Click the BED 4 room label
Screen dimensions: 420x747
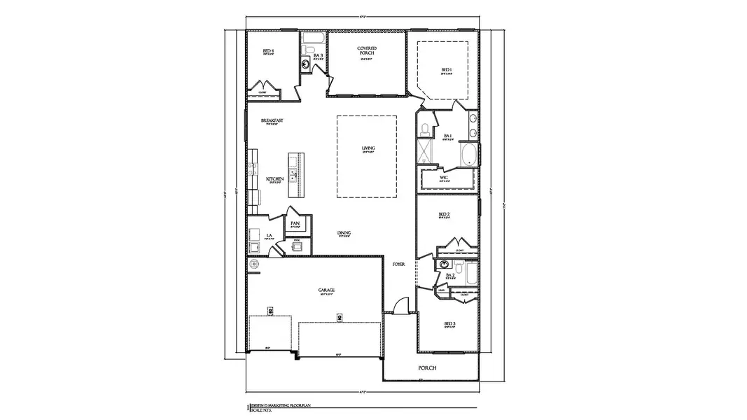pos(268,51)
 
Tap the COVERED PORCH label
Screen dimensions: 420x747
pos(368,51)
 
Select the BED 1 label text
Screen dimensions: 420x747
pos(447,69)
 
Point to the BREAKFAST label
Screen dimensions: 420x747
pos(272,120)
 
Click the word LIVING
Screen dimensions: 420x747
pos(368,148)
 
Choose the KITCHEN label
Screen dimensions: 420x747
pos(275,179)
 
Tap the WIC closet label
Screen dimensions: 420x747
pos(444,178)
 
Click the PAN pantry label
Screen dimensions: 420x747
pos(295,223)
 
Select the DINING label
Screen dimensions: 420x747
pos(344,233)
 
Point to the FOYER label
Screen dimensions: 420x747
pos(399,265)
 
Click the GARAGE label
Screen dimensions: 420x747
pos(326,289)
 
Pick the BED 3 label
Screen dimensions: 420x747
pos(449,323)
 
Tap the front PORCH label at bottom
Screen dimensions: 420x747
pos(427,368)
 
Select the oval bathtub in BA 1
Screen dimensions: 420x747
pos(469,155)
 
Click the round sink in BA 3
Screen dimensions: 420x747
pos(305,66)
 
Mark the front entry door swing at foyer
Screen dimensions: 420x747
pos(399,305)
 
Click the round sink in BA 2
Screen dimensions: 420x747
pos(443,265)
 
